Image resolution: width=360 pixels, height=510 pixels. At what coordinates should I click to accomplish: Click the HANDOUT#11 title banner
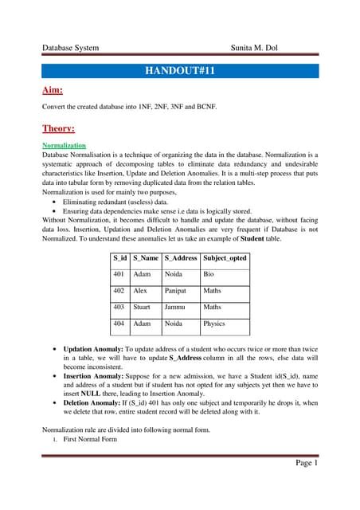(x=180, y=71)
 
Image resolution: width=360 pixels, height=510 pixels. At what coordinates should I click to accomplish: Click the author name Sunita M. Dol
(x=260, y=48)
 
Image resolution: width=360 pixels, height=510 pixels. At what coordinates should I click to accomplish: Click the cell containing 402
(x=119, y=291)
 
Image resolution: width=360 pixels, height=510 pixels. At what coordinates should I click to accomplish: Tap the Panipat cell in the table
(x=177, y=291)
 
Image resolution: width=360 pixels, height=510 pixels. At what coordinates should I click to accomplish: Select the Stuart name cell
(x=144, y=307)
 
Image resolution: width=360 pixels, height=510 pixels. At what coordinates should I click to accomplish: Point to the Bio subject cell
(x=209, y=274)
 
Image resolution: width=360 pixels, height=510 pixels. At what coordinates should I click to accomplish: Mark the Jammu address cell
(x=175, y=307)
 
